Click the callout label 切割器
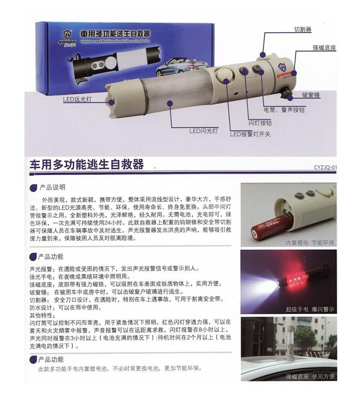click(x=302, y=29)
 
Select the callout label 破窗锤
click(x=311, y=95)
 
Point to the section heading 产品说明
click(x=52, y=187)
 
